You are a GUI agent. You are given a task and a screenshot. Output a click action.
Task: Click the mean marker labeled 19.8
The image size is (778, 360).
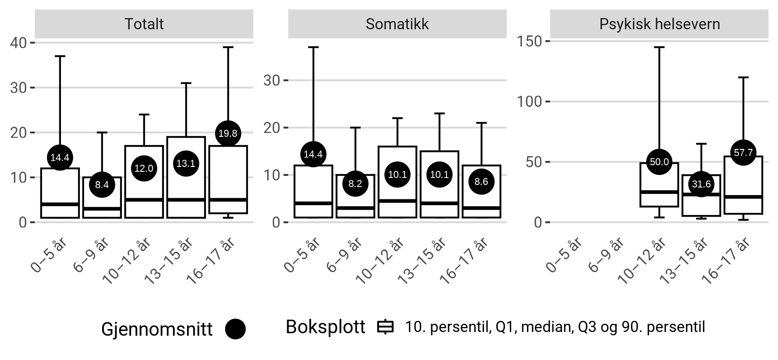pyautogui.click(x=228, y=133)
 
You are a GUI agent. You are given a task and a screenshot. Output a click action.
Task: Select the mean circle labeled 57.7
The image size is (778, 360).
pyautogui.click(x=743, y=153)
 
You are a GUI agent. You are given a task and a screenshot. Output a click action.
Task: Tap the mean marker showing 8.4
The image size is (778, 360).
pyautogui.click(x=102, y=185)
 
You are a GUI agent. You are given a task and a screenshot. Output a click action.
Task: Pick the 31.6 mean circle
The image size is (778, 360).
pyautogui.click(x=701, y=184)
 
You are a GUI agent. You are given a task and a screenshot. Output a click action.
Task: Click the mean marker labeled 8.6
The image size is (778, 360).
pyautogui.click(x=481, y=181)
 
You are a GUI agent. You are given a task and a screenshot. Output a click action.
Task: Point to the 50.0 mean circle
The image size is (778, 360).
pyautogui.click(x=659, y=162)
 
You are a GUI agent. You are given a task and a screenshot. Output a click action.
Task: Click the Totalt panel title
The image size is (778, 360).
pyautogui.click(x=144, y=24)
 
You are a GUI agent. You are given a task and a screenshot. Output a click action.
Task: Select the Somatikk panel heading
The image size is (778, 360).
pyautogui.click(x=397, y=24)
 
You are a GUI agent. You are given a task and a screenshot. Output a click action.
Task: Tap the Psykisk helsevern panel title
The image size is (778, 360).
pyautogui.click(x=659, y=24)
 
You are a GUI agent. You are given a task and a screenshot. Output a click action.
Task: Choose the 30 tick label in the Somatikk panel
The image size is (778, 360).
pyautogui.click(x=272, y=80)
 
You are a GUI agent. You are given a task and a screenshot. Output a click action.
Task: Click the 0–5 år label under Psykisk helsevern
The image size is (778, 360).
pyautogui.click(x=564, y=255)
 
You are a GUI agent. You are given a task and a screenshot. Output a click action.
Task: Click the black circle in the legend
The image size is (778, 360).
pyautogui.click(x=235, y=329)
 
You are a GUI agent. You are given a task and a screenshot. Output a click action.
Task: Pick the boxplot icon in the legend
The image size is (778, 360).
pyautogui.click(x=385, y=327)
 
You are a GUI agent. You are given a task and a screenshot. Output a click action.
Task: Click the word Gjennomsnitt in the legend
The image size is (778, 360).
pyautogui.click(x=157, y=329)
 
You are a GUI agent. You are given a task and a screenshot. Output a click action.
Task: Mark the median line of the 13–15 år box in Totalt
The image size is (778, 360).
pyautogui.click(x=186, y=200)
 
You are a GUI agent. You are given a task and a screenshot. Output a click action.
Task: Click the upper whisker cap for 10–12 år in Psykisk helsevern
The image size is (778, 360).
pyautogui.click(x=659, y=47)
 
